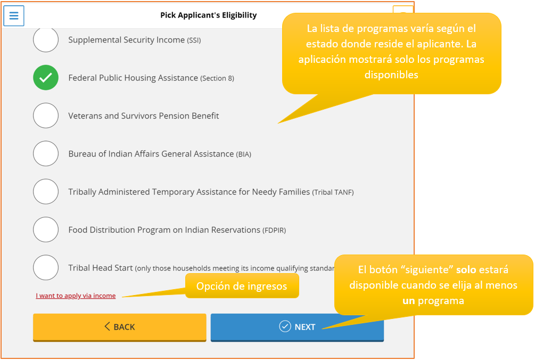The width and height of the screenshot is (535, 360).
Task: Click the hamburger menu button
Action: (14, 15)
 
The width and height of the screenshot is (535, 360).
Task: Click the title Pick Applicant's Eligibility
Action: (208, 15)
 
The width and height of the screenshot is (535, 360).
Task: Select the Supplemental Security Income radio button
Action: (46, 40)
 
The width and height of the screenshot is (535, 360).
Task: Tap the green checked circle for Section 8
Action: (46, 78)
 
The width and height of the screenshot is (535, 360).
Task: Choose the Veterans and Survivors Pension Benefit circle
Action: (46, 116)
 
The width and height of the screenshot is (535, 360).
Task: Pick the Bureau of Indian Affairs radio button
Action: (46, 154)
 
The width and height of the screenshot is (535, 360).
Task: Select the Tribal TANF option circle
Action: (46, 192)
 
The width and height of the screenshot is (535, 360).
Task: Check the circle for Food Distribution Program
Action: (46, 230)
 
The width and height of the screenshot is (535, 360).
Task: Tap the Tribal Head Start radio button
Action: (46, 268)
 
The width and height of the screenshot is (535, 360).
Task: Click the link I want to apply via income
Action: (76, 296)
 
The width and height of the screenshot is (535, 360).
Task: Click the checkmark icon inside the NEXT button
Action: (285, 326)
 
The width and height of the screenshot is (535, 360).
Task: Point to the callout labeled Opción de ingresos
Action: (242, 286)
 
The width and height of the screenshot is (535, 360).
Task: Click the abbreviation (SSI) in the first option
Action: (194, 40)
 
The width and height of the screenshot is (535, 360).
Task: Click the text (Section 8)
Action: (217, 78)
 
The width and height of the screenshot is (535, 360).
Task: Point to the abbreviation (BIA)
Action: (243, 154)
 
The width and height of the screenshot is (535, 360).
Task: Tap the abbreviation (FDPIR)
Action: (275, 231)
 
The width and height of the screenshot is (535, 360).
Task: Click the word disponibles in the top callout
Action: (391, 75)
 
